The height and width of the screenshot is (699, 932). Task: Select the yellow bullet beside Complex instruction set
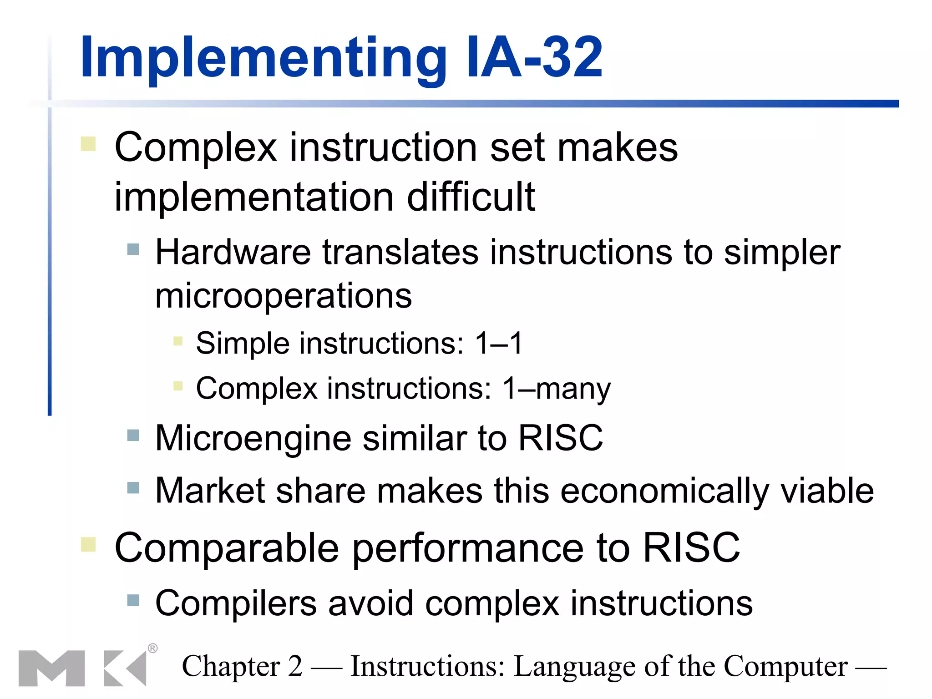[x=88, y=144]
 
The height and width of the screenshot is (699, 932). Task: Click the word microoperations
[x=284, y=296]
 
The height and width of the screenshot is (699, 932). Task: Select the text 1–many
[x=556, y=389]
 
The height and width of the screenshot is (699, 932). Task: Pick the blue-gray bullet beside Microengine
[x=133, y=436]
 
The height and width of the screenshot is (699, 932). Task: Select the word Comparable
[x=227, y=548]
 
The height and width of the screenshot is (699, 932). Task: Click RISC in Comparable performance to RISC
[x=691, y=548]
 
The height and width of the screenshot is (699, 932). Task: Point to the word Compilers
[x=236, y=604]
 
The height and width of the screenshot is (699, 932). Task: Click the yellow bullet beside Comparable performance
[x=88, y=544]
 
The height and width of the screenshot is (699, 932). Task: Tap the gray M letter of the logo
[x=51, y=668]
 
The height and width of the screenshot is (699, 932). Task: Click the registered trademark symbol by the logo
[x=153, y=648]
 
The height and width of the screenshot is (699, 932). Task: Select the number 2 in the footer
[x=295, y=667]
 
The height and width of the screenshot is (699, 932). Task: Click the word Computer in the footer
[x=785, y=667]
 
